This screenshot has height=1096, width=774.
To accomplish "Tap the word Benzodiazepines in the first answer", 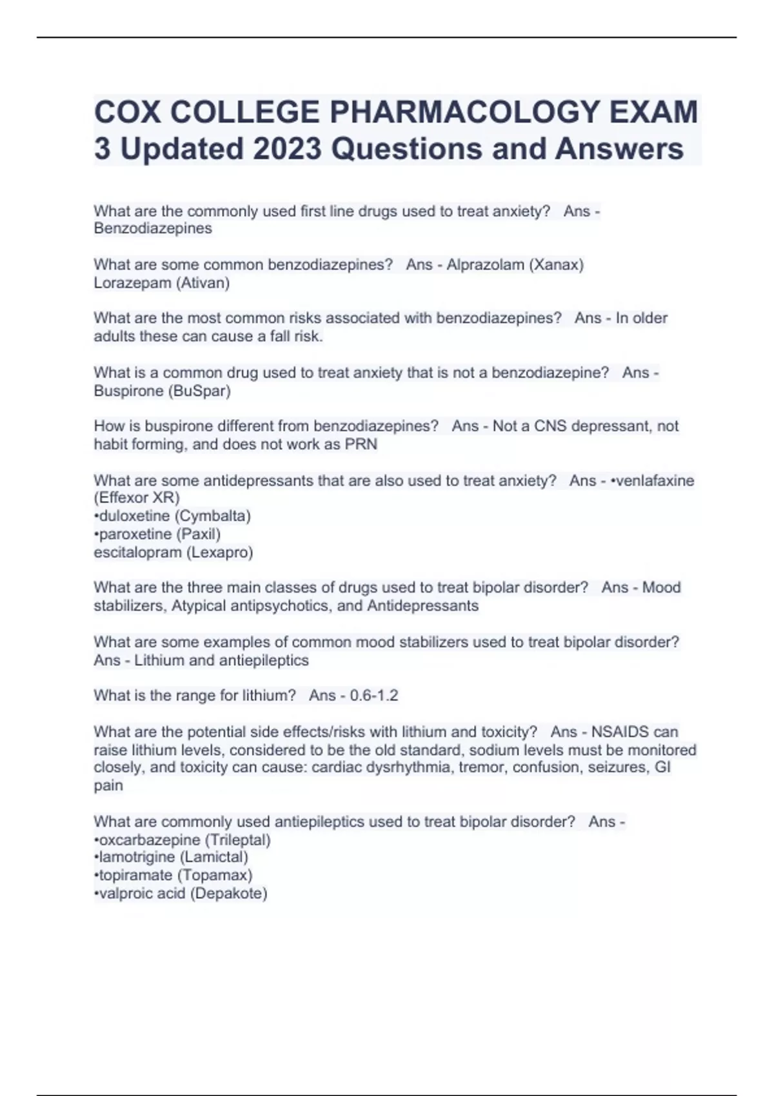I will click(x=153, y=228).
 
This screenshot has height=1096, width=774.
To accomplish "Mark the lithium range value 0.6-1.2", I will click(x=374, y=696).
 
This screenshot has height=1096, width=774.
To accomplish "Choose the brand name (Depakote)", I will click(x=229, y=893).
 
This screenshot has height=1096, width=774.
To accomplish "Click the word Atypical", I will click(x=199, y=606).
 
